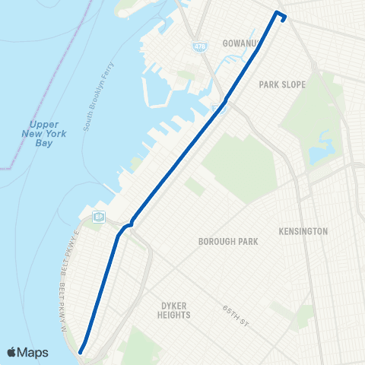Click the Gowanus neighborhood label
[243, 44]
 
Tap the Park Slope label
[282, 84]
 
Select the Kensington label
[303, 231]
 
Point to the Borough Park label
[228, 242]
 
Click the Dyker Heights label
[174, 309]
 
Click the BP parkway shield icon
[99, 217]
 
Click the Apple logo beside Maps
[12, 352]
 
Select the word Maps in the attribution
[33, 352]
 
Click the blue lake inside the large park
[319, 149]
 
